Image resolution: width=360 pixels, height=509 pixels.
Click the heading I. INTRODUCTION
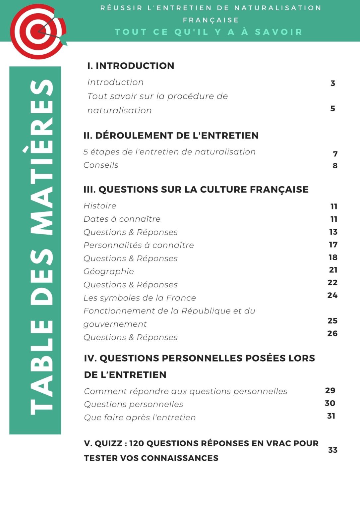[131, 66]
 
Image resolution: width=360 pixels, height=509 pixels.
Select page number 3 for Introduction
[333, 83]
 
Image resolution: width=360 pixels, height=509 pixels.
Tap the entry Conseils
[101, 165]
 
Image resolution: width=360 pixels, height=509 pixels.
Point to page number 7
[335, 154]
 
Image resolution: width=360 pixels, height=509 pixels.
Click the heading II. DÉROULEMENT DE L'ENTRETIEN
[171, 136]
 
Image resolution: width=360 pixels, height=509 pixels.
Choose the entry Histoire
[100, 206]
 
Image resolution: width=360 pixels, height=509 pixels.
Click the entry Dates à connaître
[122, 219]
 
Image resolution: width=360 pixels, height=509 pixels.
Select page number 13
[333, 232]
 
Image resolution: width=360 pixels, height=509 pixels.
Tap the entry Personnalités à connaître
[139, 245]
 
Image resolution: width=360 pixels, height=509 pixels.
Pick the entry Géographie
[109, 271]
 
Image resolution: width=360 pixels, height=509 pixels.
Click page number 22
[332, 283]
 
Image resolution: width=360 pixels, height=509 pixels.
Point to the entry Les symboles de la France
[140, 298]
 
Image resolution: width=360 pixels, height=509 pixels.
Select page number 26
[332, 333]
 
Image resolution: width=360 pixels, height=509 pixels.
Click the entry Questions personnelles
[134, 404]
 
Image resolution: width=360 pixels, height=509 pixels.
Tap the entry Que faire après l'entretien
[140, 418]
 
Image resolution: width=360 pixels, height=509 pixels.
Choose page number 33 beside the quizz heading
[332, 450]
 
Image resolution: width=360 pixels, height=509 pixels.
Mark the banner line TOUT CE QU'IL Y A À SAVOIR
[209, 32]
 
